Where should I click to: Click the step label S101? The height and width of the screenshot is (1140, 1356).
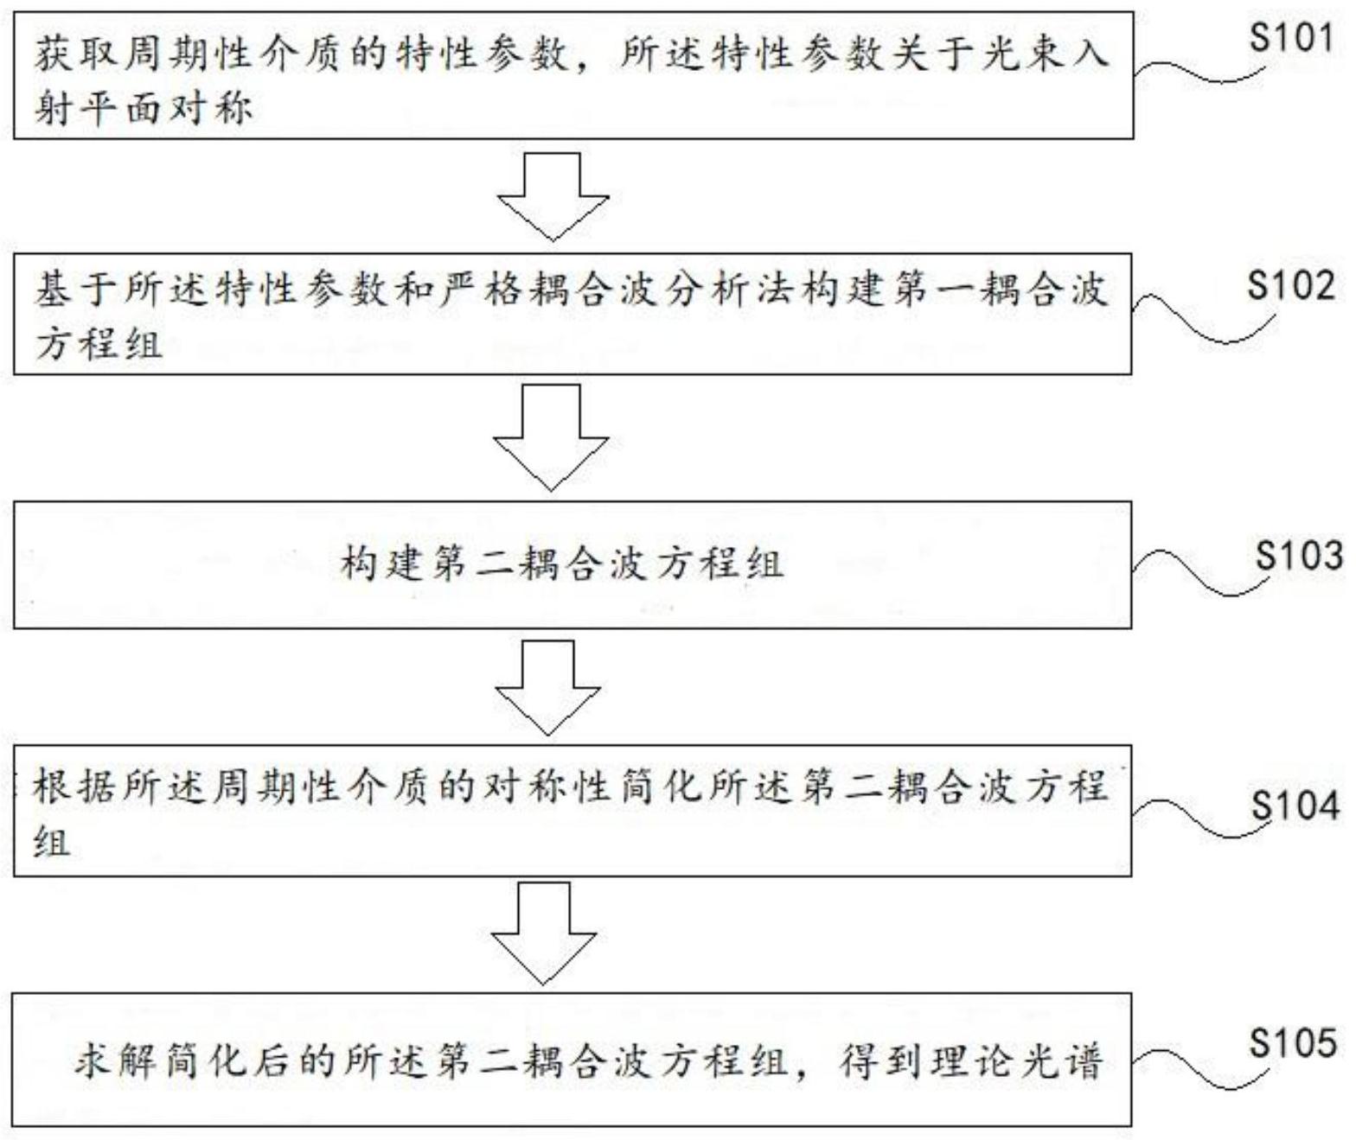pos(1290,39)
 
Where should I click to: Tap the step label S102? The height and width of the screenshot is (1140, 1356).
pos(1290,286)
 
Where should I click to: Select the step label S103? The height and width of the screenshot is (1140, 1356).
pos(1298,556)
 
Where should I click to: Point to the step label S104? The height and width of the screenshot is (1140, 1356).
pos(1295,806)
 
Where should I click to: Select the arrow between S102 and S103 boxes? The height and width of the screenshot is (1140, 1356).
pos(551,437)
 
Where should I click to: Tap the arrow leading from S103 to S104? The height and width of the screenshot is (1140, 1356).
pos(549,687)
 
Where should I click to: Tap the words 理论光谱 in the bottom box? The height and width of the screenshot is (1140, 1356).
pos(1018,1063)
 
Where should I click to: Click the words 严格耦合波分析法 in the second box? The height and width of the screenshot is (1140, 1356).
pos(640,290)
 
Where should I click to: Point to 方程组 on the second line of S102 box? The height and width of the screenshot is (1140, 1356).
pos(99,343)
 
